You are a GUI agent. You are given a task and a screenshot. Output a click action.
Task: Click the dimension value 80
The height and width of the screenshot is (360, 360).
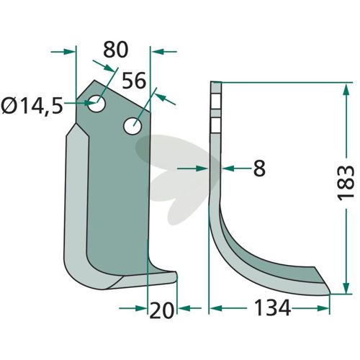[x=116, y=50]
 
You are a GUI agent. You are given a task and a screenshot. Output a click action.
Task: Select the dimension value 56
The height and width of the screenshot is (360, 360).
[x=134, y=80]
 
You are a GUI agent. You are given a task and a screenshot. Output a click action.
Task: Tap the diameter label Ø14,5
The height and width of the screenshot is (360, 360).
[x=32, y=106]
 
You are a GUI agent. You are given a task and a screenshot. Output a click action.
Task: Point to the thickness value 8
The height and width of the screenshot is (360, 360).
[x=259, y=168]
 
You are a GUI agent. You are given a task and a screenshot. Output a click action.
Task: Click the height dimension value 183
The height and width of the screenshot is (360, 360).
[x=346, y=181]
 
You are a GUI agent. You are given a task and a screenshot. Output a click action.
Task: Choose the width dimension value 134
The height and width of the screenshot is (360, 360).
[x=272, y=308]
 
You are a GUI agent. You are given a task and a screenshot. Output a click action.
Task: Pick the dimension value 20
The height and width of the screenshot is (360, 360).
[x=161, y=310]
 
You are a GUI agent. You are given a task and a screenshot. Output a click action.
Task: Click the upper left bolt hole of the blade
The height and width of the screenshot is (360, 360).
[x=96, y=104]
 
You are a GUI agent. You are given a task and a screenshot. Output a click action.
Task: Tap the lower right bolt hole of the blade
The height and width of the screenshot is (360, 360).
[x=132, y=126]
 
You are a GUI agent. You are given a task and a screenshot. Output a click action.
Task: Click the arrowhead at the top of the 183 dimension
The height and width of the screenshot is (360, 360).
[x=346, y=90]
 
